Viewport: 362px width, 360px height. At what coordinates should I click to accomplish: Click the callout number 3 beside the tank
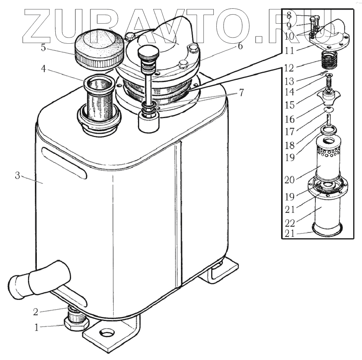tap(17, 176)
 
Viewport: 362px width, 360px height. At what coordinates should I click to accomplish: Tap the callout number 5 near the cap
tap(43, 48)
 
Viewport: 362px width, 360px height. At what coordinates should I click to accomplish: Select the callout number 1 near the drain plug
tap(36, 327)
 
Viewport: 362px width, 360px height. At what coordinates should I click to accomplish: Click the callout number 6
tap(240, 47)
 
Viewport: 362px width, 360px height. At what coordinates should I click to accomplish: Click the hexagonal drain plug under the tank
tap(76, 322)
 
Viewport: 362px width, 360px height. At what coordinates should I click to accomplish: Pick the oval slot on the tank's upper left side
tap(64, 163)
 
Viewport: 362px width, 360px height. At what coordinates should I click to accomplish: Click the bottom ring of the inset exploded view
tap(328, 229)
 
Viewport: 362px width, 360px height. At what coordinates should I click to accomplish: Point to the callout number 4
tap(43, 69)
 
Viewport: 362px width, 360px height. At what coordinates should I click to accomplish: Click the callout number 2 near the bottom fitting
tap(35, 312)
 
